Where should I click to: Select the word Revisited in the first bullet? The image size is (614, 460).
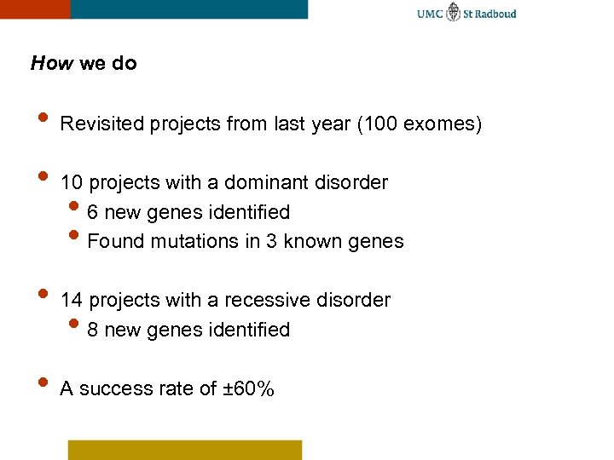(x=101, y=125)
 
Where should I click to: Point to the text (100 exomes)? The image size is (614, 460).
(x=420, y=125)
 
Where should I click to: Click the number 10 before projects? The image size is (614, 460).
(x=72, y=183)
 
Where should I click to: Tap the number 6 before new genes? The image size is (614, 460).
(x=93, y=212)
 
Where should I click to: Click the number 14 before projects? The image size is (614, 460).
(x=72, y=301)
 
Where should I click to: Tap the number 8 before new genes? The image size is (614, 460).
(x=93, y=330)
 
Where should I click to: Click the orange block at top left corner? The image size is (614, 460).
(x=34, y=9)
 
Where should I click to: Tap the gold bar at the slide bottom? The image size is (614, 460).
(x=185, y=450)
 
